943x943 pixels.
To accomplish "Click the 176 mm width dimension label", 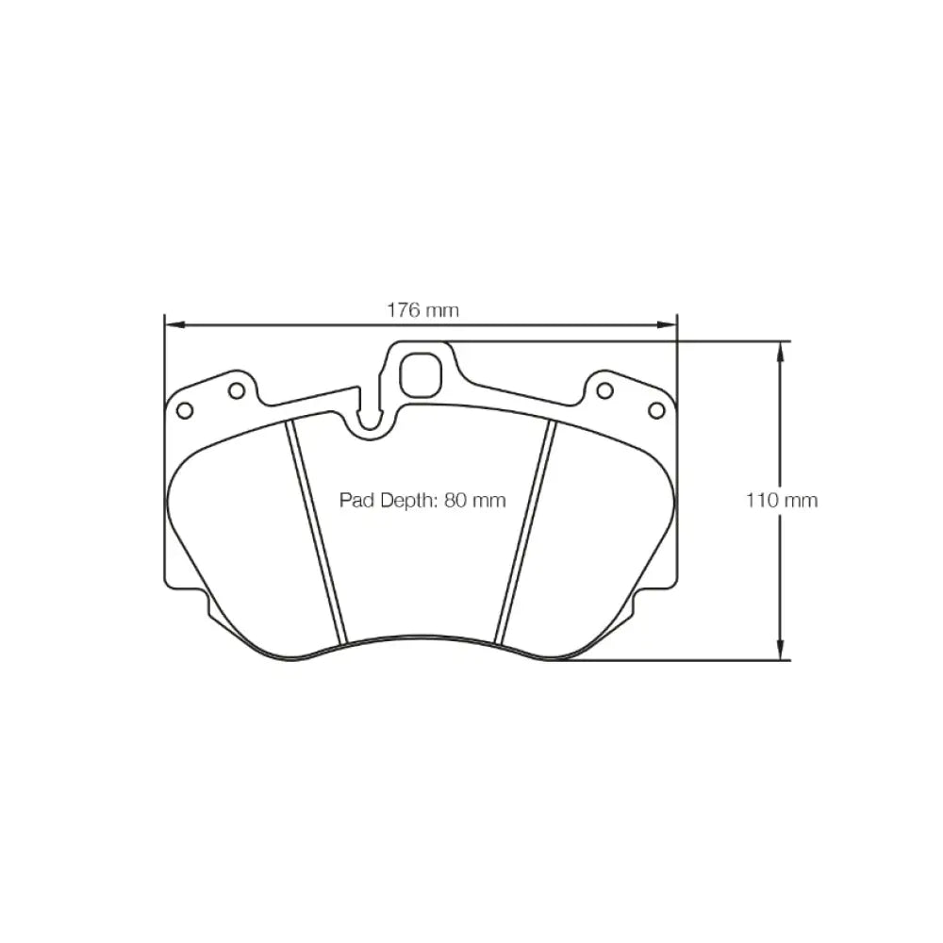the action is point(422,310).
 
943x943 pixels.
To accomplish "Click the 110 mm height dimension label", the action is point(782,501).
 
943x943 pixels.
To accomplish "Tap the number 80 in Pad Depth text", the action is point(455,501).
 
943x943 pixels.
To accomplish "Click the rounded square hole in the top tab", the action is point(421,376).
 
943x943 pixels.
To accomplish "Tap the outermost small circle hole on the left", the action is point(185,411).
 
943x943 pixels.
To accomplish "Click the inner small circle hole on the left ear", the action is point(237,391).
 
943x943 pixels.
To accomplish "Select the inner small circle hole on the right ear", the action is point(605,391).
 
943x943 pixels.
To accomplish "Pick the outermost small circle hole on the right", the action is point(656,411).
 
